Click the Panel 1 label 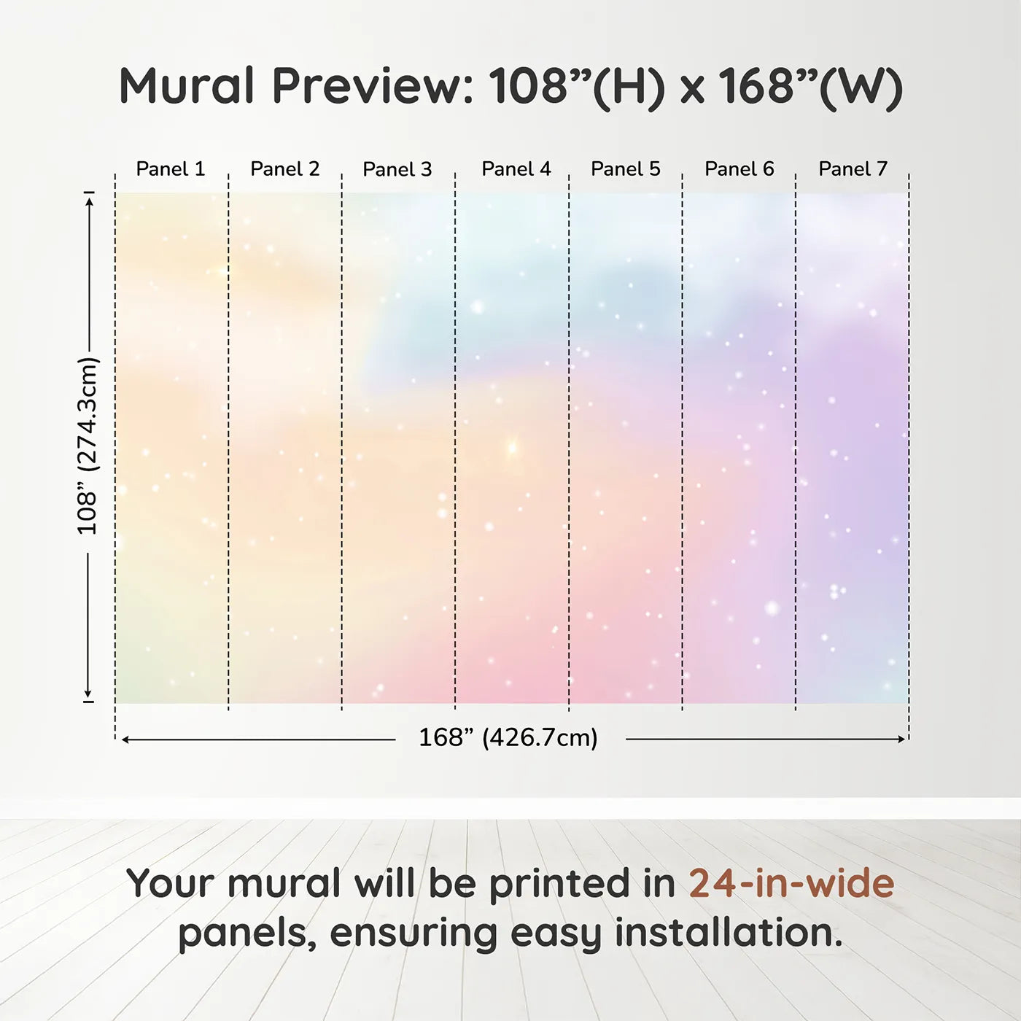[170, 169]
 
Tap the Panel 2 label [285, 169]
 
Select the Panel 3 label [397, 169]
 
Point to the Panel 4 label [516, 169]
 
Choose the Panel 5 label [626, 169]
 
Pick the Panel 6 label [739, 169]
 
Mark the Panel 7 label [853, 169]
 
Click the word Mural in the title [187, 85]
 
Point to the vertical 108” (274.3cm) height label [88, 446]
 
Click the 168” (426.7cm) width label [508, 737]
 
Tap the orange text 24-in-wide [791, 884]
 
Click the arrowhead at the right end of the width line [902, 739]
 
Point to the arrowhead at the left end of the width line [125, 739]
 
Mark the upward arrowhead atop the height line [90, 201]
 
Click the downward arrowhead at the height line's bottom [88, 694]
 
